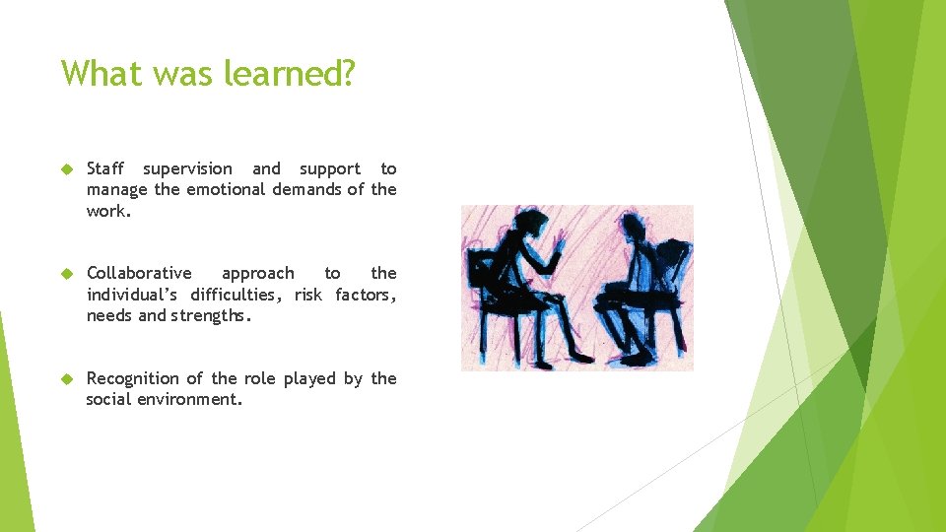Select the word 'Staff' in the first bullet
pos(105,168)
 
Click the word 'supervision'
pos(188,168)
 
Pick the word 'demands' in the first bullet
pos(304,189)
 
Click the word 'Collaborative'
pos(139,273)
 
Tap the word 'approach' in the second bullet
pos(257,273)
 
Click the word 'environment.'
pos(191,399)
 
